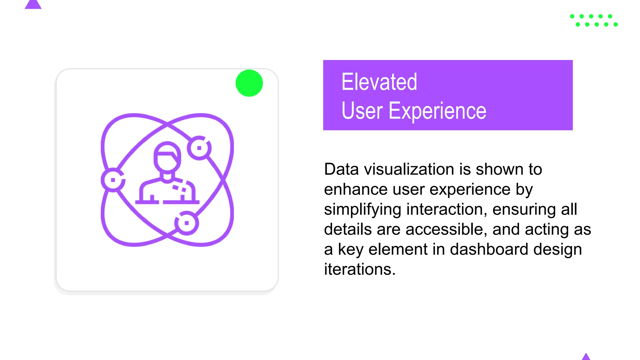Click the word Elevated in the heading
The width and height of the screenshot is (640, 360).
click(379, 82)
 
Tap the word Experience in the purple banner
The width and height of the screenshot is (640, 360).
click(437, 111)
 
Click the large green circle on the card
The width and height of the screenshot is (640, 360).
click(249, 83)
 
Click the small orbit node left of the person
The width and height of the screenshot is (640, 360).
click(113, 180)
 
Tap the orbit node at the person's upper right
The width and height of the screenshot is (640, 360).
click(199, 148)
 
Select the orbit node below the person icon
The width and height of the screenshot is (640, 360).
click(187, 223)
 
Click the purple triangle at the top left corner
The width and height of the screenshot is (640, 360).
click(33, 5)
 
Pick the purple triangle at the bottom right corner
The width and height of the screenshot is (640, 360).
click(586, 357)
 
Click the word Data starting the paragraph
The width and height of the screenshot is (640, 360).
click(341, 169)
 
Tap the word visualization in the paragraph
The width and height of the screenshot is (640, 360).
click(409, 169)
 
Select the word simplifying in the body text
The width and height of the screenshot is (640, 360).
click(362, 209)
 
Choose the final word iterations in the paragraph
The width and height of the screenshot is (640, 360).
click(359, 269)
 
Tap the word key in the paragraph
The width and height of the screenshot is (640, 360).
click(350, 249)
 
